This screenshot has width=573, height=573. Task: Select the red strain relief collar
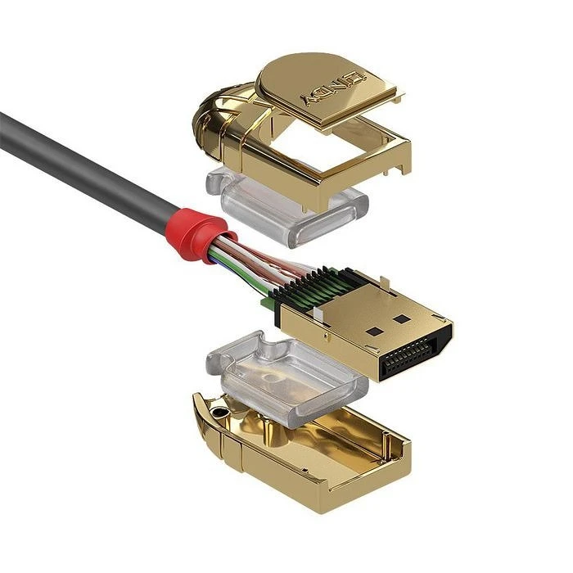tap(193, 232)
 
